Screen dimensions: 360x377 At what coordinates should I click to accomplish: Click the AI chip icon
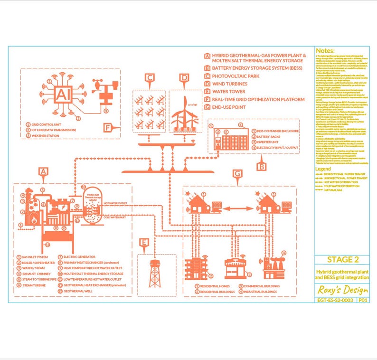tap(62, 95)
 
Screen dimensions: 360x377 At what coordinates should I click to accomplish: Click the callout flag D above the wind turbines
tap(184, 78)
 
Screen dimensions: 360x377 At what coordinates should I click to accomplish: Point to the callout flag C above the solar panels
tap(150, 78)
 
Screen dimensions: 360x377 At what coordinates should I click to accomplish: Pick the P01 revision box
tap(363, 300)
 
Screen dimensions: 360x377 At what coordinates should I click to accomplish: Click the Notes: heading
tap(325, 50)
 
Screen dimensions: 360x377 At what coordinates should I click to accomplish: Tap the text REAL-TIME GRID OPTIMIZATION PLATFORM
tap(258, 99)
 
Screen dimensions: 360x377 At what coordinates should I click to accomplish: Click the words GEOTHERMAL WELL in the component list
tap(79, 291)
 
